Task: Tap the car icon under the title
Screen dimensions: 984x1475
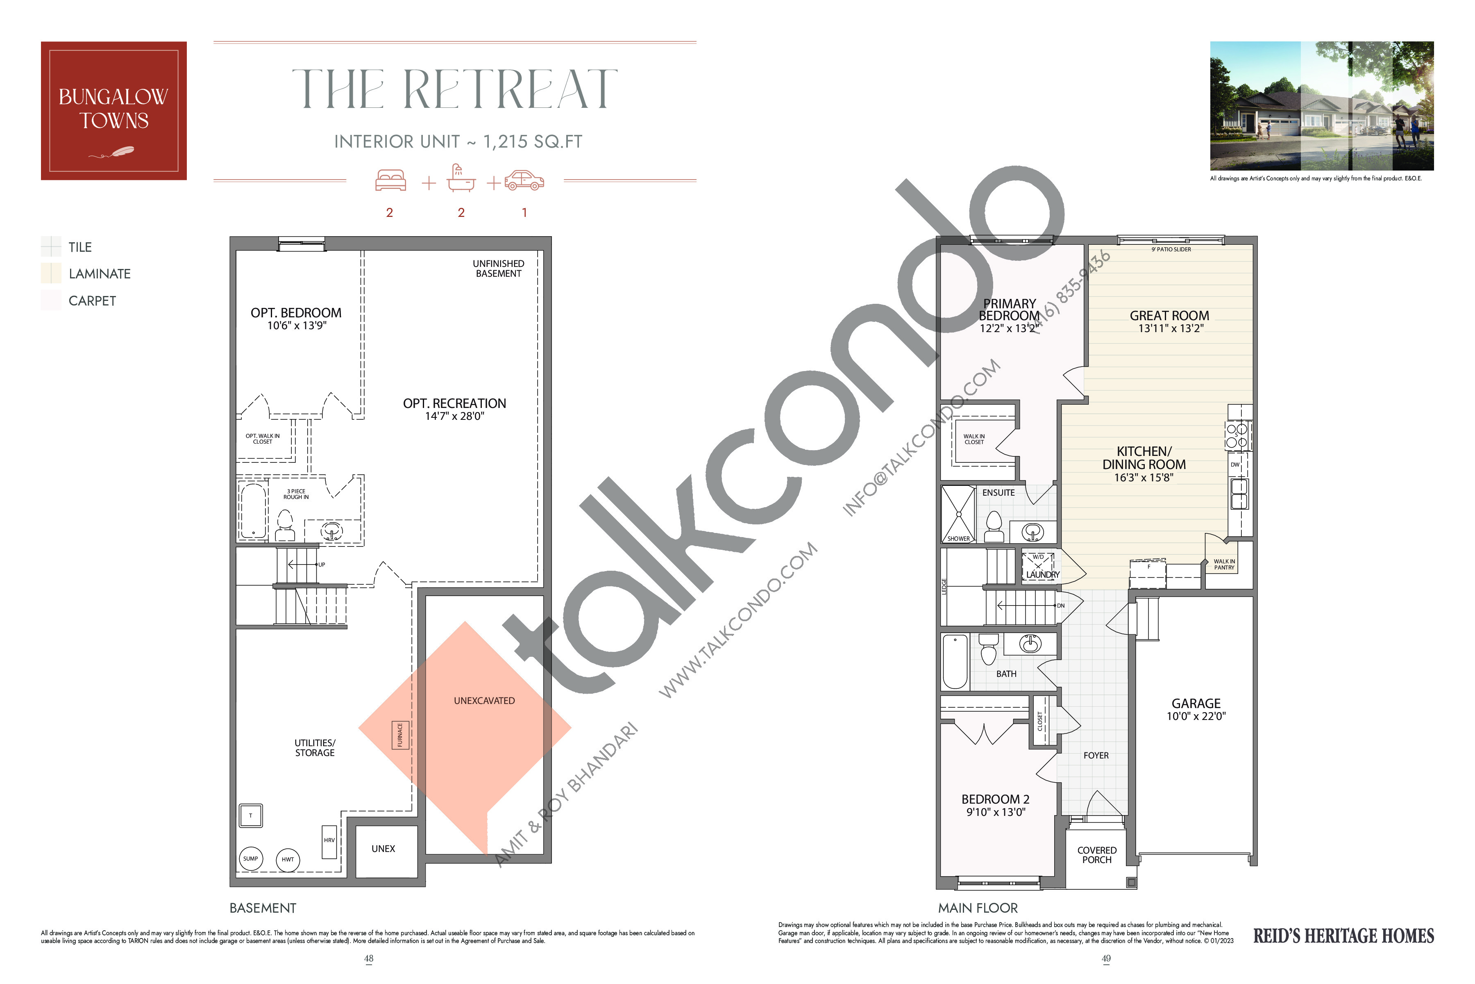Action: (x=524, y=181)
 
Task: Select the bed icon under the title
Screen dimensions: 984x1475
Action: (x=390, y=181)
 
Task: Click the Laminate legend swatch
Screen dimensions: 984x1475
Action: (x=51, y=273)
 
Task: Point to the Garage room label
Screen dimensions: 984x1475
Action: (x=1196, y=704)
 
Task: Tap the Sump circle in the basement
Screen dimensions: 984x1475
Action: (x=250, y=859)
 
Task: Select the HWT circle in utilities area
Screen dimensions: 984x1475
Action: (x=288, y=860)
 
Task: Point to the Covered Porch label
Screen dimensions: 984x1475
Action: (x=1097, y=855)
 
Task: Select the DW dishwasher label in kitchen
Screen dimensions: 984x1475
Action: (x=1235, y=465)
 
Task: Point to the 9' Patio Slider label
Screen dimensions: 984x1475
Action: (x=1171, y=250)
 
